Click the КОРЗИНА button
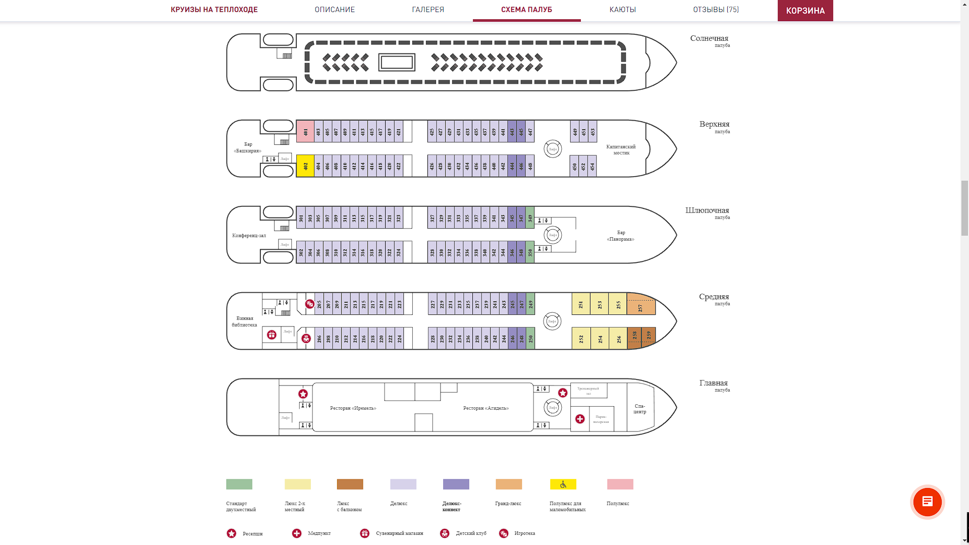(x=805, y=11)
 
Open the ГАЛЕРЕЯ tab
(x=428, y=10)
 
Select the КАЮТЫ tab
(x=622, y=10)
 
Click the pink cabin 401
(x=305, y=132)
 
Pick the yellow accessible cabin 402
(x=305, y=166)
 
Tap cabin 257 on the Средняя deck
(x=641, y=306)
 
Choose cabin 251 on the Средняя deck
(x=581, y=304)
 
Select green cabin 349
(x=530, y=218)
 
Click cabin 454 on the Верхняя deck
(x=593, y=166)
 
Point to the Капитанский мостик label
(x=621, y=149)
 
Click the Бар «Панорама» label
(x=621, y=236)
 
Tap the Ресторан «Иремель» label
(x=353, y=408)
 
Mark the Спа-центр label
(x=639, y=409)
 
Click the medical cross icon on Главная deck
(x=580, y=419)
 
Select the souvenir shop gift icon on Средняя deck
(x=272, y=335)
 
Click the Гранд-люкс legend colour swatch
(x=509, y=484)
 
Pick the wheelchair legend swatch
(x=563, y=484)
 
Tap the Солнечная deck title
(x=709, y=38)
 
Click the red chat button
(x=927, y=502)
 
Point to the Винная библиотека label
(x=245, y=321)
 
